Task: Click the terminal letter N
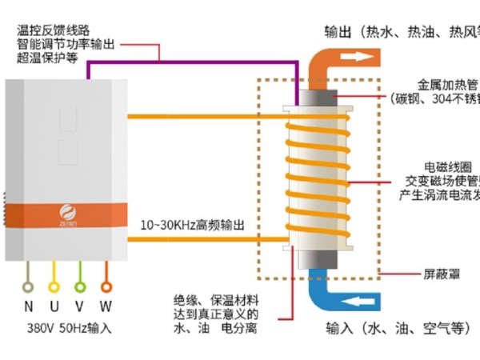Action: [x=28, y=306]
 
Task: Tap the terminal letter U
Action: [x=54, y=306]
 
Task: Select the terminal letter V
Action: [x=79, y=306]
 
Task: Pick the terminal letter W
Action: [x=106, y=306]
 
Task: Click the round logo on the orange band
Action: [x=67, y=213]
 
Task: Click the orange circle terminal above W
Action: [x=106, y=286]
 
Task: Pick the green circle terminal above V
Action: [x=79, y=286]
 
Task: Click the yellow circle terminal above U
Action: [x=54, y=286]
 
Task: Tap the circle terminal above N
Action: [x=28, y=286]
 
